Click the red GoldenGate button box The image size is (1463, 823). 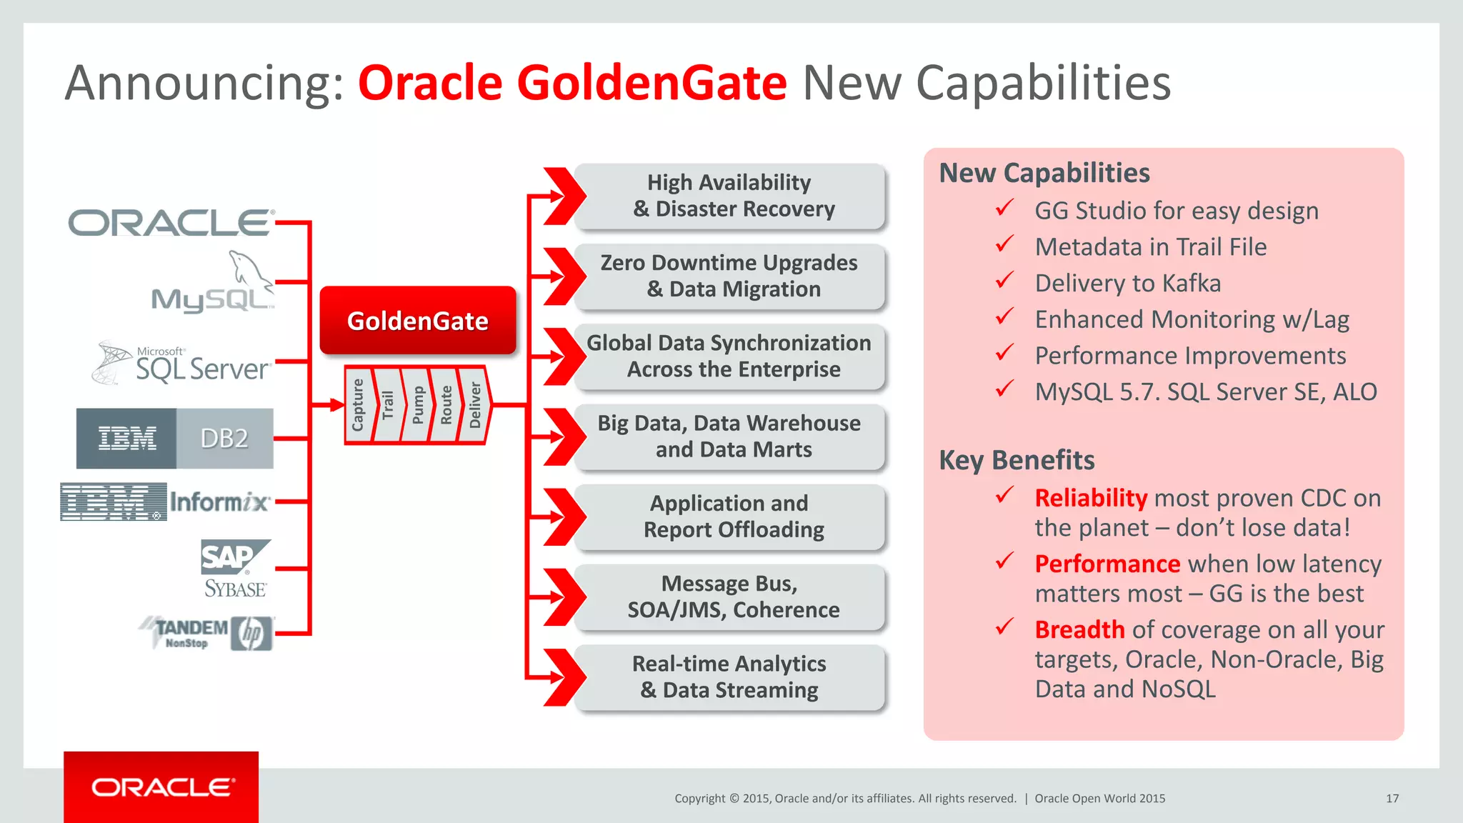click(x=418, y=321)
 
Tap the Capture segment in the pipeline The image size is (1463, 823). click(x=358, y=405)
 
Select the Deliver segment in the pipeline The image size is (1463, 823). click(x=475, y=405)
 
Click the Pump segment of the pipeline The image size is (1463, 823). click(x=418, y=405)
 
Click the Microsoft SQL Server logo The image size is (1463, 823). click(x=183, y=363)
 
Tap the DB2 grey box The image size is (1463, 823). click(x=224, y=438)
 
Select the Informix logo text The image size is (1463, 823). click(x=219, y=502)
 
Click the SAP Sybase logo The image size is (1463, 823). click(x=235, y=568)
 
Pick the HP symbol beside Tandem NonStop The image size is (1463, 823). click(x=251, y=634)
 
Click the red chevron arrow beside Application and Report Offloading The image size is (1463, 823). click(x=564, y=517)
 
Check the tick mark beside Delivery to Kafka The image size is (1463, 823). click(x=1004, y=281)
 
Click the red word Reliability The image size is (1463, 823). click(x=1091, y=498)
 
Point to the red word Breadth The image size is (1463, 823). click(x=1079, y=629)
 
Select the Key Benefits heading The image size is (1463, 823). click(x=1017, y=460)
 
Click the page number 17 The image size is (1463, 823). click(x=1392, y=799)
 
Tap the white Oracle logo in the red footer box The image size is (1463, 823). click(x=162, y=787)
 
